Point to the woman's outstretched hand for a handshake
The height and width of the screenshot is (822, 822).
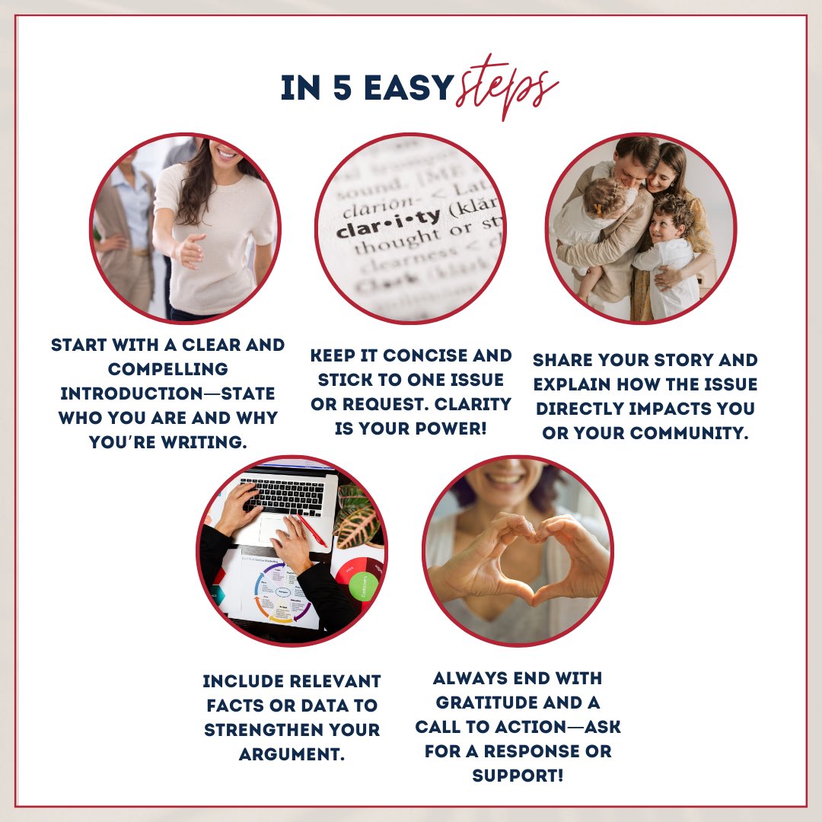(189, 251)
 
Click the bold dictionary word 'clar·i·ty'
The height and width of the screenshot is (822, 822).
(388, 224)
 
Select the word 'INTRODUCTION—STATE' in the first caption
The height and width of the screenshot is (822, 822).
(167, 393)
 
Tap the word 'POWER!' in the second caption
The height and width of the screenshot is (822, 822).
(451, 429)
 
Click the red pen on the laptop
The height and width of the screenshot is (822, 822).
(313, 530)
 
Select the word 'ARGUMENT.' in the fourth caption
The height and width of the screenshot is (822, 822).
(292, 754)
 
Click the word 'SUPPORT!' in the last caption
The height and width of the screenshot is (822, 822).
(518, 776)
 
